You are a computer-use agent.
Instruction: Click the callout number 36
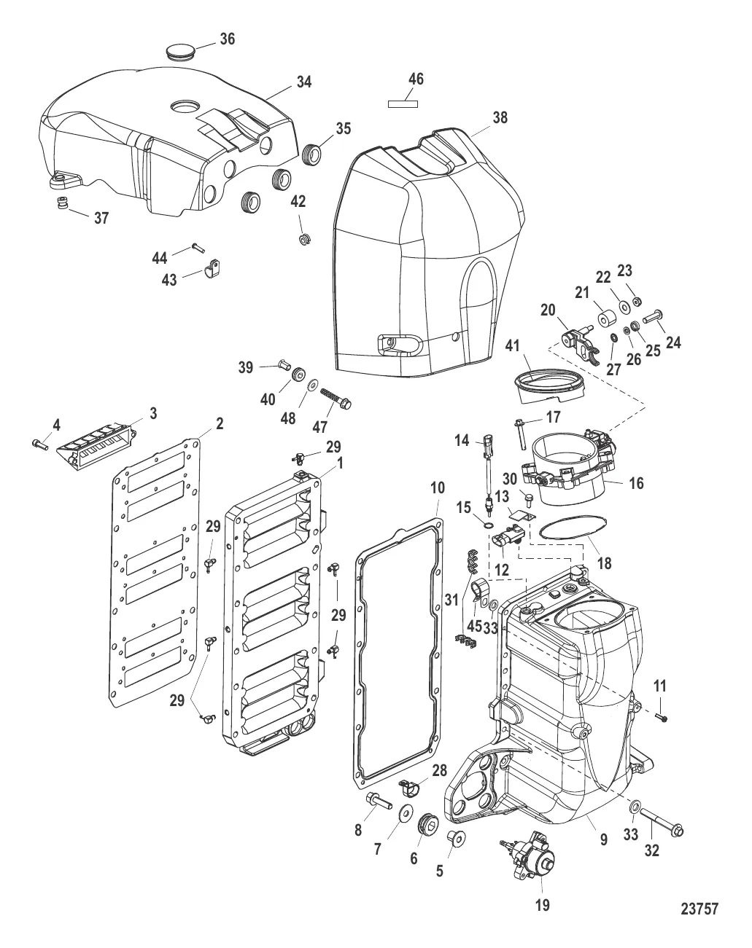[227, 39]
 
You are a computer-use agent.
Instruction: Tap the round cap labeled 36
[181, 52]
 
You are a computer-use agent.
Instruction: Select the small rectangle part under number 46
[403, 104]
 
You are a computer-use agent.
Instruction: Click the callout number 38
[500, 117]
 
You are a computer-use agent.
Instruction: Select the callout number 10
[438, 487]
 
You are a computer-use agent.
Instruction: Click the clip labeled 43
[213, 268]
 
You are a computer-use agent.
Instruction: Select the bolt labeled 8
[379, 800]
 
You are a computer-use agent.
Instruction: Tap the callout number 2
[220, 424]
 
